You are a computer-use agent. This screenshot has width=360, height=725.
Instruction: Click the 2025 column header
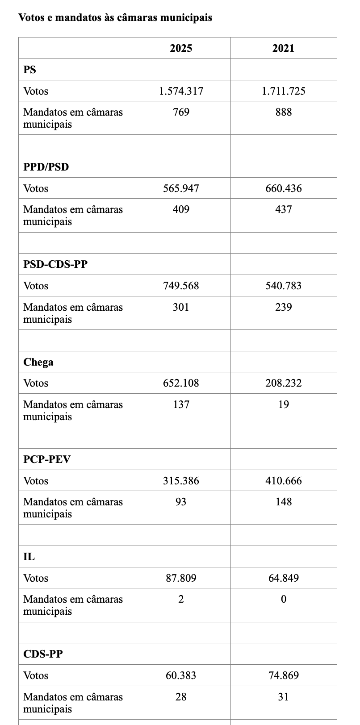181,48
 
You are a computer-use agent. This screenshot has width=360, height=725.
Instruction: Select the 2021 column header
283,48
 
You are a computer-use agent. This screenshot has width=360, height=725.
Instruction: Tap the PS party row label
30,70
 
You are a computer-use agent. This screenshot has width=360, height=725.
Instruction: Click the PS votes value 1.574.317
181,91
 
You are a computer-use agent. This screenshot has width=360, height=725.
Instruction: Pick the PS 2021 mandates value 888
283,112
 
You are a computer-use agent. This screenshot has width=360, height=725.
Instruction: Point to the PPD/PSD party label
46,167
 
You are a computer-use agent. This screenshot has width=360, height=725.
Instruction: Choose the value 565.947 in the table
181,188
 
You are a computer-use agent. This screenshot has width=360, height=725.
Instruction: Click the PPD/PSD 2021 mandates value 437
283,209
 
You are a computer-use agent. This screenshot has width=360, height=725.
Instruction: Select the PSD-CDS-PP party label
55,264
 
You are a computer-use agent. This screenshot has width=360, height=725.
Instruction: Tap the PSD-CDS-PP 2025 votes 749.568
181,286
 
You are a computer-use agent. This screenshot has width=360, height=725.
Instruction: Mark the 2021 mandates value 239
283,307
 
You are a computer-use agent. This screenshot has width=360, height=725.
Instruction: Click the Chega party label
38,362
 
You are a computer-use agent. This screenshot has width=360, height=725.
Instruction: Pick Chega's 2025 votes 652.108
181,383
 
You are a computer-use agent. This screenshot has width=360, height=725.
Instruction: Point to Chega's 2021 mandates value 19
283,404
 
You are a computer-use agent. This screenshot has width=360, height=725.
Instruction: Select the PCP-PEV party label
47,459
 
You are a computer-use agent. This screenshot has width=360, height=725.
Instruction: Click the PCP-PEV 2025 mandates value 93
181,501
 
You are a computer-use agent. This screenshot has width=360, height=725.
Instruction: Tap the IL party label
29,557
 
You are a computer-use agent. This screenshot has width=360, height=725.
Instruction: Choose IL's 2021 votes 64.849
283,578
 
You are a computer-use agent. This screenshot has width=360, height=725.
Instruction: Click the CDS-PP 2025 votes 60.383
181,675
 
